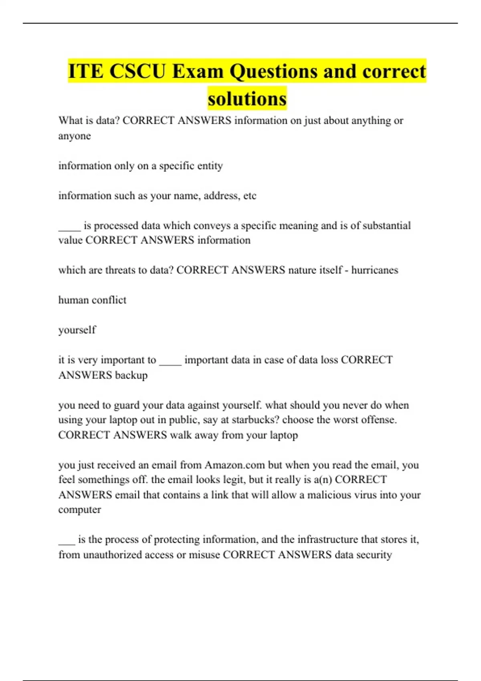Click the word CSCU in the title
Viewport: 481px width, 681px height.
point(137,71)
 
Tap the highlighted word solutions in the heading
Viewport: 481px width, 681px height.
point(247,99)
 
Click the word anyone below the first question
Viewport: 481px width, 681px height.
point(75,136)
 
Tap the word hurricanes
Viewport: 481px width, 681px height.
point(375,270)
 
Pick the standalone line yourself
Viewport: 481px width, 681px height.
point(77,330)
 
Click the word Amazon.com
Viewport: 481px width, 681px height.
point(235,465)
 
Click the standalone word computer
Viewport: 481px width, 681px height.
point(79,510)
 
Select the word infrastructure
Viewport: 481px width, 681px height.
point(327,540)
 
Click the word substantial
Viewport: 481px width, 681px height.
point(386,226)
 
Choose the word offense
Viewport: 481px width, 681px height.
point(379,420)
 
